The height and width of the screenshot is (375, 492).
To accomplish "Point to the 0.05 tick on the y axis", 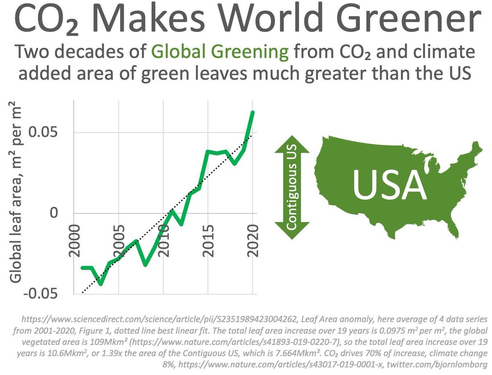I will [x=45, y=133].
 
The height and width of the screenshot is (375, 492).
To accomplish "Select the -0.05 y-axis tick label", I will [x=41, y=294].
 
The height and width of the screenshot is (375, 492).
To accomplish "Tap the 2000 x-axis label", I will [x=74, y=240].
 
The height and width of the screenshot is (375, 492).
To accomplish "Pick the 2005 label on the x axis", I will [x=119, y=240].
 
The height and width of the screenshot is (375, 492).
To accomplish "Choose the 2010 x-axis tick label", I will [x=164, y=240].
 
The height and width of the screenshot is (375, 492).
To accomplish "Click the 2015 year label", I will [x=209, y=240].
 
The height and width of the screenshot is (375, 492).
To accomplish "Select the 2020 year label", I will [x=253, y=240].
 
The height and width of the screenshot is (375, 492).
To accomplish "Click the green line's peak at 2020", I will [x=253, y=112].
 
